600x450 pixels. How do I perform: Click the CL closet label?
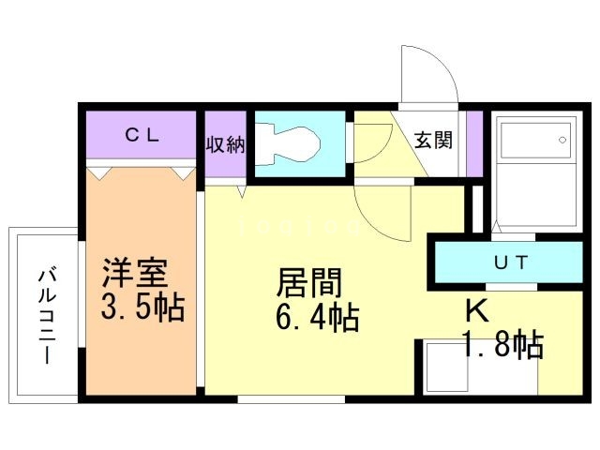click(143, 135)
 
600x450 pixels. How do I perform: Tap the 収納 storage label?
click(225, 144)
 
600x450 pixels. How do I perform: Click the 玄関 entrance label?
click(433, 141)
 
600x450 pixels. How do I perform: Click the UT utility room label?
click(511, 262)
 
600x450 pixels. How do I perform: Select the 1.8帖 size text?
click(502, 345)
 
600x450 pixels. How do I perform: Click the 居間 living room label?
click(308, 281)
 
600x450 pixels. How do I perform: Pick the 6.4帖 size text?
click(317, 319)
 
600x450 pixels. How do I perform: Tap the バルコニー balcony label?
click(45, 315)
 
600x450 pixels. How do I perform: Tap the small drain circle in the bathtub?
click(562, 141)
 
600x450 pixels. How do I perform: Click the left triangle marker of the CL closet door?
click(100, 172)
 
